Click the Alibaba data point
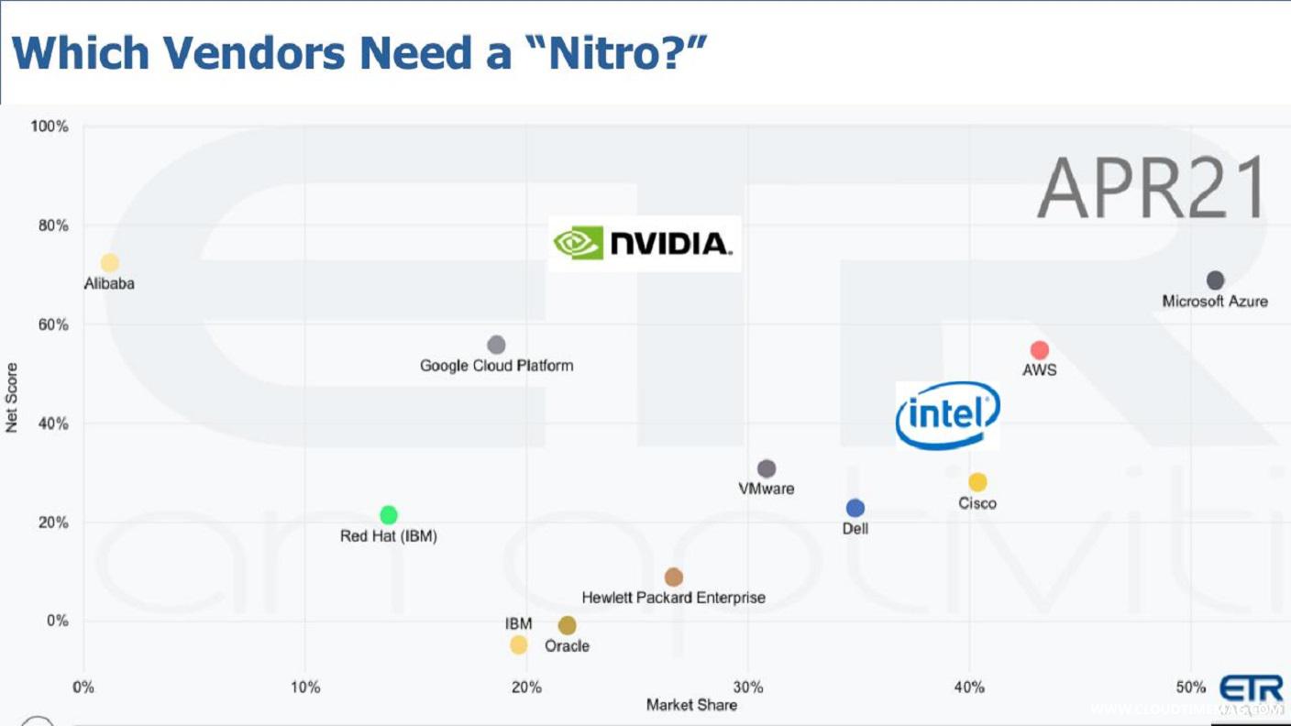(110, 263)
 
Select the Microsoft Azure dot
(1215, 280)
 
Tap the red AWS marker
(1039, 350)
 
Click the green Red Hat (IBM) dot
(389, 515)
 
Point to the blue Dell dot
(855, 508)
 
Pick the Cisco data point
(977, 482)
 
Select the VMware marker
(767, 469)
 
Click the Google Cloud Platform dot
(496, 345)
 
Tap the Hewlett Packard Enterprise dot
(674, 577)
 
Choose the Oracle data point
(568, 625)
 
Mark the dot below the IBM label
(519, 645)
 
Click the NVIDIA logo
(644, 244)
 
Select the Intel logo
(947, 415)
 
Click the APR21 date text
(1153, 188)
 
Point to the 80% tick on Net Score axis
(50, 225)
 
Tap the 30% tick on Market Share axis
(748, 687)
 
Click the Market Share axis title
(691, 705)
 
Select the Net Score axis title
(12, 398)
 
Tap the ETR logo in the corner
(1251, 689)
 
